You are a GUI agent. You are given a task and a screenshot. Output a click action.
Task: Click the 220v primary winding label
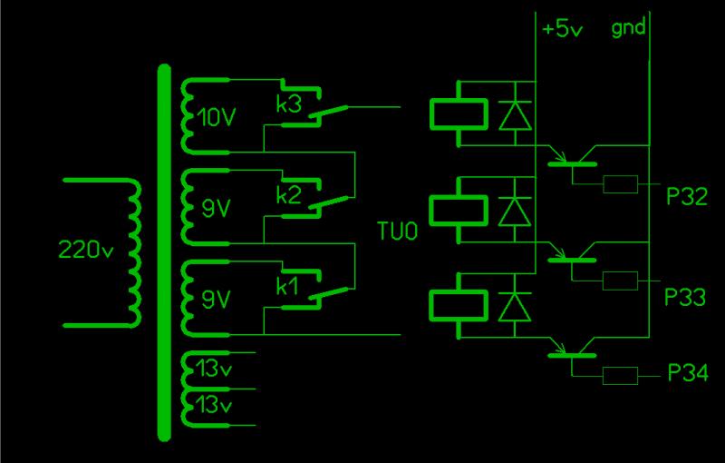tap(84, 251)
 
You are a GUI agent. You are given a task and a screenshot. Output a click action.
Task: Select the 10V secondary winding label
tap(215, 117)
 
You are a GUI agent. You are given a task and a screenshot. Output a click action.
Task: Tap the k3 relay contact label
tap(289, 105)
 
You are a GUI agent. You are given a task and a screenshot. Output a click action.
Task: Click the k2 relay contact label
tap(289, 195)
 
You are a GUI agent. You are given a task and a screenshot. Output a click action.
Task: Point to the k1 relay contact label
tap(287, 288)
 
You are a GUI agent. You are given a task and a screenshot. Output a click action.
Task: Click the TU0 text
tap(398, 233)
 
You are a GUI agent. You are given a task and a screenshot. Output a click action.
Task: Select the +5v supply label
tap(563, 28)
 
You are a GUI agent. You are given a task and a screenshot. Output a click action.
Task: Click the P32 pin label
tap(686, 198)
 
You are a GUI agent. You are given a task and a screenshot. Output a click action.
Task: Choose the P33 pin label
tap(685, 297)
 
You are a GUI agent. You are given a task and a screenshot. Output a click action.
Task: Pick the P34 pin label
tap(688, 373)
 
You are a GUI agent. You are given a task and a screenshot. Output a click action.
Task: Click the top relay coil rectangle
tap(460, 113)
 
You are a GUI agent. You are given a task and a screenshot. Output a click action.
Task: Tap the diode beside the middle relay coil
tap(515, 212)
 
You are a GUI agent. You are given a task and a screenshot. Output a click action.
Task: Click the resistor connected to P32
tap(621, 184)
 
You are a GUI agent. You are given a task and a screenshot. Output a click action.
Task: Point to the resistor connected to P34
tap(621, 373)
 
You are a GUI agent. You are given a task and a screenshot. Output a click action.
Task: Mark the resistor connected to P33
tap(621, 281)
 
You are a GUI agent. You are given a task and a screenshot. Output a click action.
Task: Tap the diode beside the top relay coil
tap(515, 115)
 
